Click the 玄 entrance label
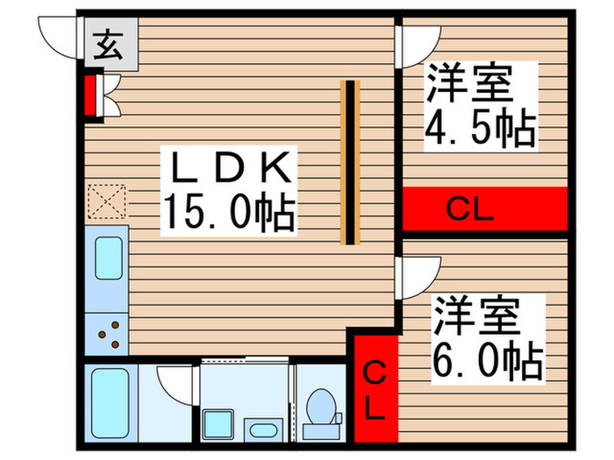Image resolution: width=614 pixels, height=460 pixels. pos(108,45)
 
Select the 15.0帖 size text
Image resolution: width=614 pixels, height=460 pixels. pos(229,210)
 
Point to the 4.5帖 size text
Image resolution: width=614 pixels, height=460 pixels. pos(480,127)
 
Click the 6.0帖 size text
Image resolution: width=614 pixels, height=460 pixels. pos(488,361)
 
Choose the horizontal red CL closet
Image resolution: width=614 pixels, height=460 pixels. pos(485,209)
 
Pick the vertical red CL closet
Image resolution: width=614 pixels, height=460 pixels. pos(376,389)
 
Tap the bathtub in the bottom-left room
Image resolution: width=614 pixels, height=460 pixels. pos(111,403)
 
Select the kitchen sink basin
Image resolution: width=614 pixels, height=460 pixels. pos(109,258)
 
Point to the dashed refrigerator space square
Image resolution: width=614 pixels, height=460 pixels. pos(107,202)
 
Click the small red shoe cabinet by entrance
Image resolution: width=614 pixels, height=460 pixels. pos(90,96)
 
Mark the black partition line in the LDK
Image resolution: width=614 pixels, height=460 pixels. pos(350,162)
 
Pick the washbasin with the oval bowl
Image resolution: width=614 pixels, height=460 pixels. pos(263,430)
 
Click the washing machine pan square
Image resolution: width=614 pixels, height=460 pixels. pos(218,425)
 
